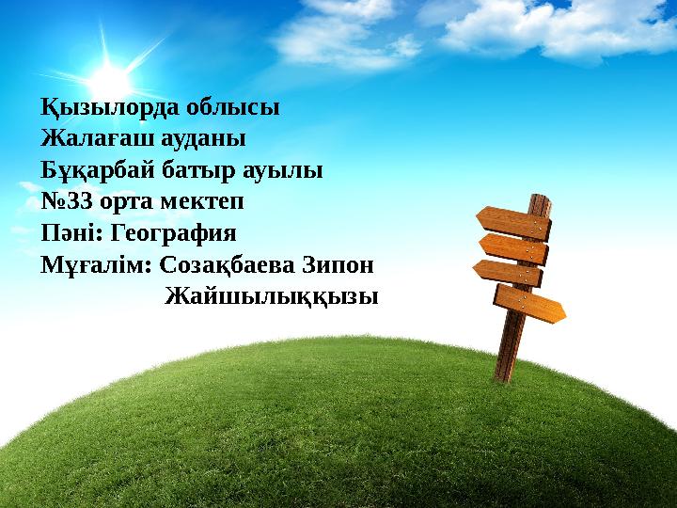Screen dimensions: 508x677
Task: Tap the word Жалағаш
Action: (94, 139)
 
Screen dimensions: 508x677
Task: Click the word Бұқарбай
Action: (98, 171)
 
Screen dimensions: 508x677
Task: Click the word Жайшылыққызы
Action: (272, 298)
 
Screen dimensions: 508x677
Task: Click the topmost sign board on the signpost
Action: (513, 223)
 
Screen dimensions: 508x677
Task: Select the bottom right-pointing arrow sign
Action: (529, 303)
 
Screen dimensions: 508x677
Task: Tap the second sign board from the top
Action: (513, 248)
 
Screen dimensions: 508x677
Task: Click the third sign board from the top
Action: (508, 272)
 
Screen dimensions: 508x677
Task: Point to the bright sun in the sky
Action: (108, 78)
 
